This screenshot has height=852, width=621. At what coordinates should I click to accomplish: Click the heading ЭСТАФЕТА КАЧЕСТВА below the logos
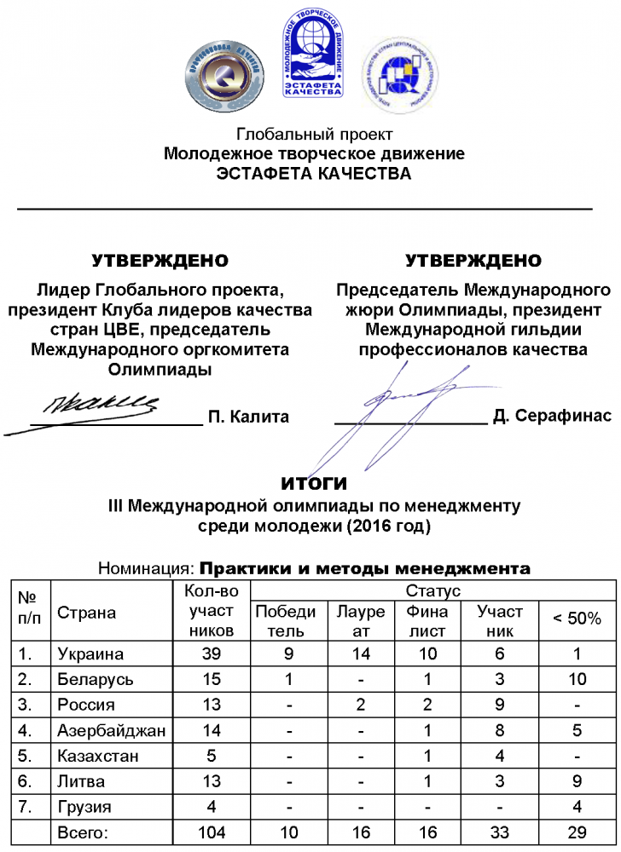[x=314, y=174]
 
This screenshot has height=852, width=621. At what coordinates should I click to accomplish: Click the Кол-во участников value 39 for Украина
[x=211, y=654]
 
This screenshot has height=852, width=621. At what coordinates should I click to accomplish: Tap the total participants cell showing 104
[x=211, y=832]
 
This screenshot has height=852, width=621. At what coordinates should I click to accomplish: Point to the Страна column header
[x=86, y=613]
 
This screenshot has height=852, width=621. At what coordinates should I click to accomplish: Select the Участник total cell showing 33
[x=500, y=832]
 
